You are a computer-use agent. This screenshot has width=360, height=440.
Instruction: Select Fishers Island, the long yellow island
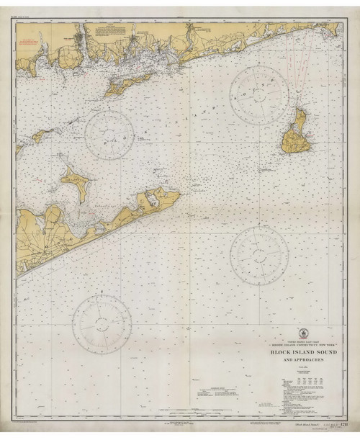point(127,84)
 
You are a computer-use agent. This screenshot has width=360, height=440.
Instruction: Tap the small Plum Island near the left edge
point(40,134)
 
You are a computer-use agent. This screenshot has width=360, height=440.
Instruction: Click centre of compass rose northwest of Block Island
point(259,95)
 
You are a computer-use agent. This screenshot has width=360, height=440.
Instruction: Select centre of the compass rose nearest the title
point(258,256)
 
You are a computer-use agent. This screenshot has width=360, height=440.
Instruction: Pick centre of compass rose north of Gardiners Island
point(110,135)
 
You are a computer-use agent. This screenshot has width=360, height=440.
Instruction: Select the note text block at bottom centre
point(214,394)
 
